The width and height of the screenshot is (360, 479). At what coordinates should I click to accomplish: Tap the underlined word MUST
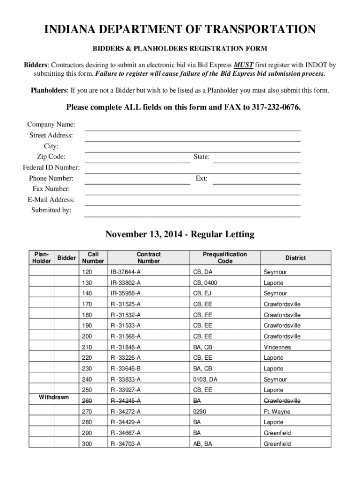(244, 65)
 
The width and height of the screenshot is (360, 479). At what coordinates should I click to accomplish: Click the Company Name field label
(51, 125)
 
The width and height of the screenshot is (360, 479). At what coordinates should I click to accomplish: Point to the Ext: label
(202, 179)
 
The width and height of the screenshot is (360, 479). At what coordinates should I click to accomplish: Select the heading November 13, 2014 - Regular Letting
(180, 234)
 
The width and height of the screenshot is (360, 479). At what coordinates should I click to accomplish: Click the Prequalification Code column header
(225, 258)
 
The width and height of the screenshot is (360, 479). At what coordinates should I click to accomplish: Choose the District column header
(295, 258)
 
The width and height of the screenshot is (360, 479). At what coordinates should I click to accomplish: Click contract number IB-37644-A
(125, 272)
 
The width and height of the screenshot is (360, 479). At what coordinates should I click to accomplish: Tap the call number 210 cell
(87, 348)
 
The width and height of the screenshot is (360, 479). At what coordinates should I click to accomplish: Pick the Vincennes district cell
(277, 348)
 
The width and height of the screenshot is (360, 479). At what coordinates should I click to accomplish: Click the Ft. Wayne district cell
(277, 412)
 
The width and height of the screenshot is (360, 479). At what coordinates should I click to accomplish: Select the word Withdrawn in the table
(54, 398)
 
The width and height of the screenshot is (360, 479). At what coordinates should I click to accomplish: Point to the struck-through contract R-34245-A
(125, 401)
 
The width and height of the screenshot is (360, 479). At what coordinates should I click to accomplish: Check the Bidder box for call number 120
(66, 272)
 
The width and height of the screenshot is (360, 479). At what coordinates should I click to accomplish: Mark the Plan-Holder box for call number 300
(42, 443)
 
